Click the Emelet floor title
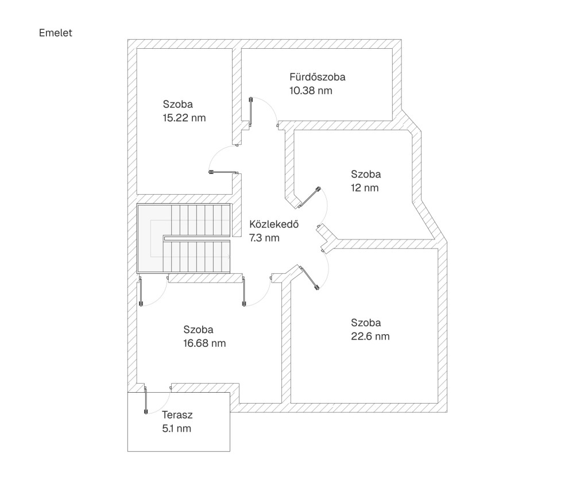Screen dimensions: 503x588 [x=56, y=33]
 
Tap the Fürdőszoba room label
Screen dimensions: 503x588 [x=318, y=76]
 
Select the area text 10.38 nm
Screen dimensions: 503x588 [x=311, y=90]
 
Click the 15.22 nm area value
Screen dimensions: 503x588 [x=184, y=118]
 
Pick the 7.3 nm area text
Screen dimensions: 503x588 [x=264, y=238]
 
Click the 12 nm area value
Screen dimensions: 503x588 [x=365, y=188]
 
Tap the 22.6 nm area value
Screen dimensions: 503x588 [x=370, y=336]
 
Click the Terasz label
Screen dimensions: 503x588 [x=177, y=415]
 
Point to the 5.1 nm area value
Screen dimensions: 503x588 [x=177, y=428]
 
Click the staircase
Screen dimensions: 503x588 [x=184, y=238]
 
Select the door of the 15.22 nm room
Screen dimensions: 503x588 [x=224, y=171]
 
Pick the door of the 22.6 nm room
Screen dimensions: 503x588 [x=310, y=278]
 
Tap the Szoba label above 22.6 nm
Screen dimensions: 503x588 [x=366, y=323]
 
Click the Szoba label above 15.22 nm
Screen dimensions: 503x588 [x=178, y=105]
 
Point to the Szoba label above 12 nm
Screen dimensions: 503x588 [x=366, y=174]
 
